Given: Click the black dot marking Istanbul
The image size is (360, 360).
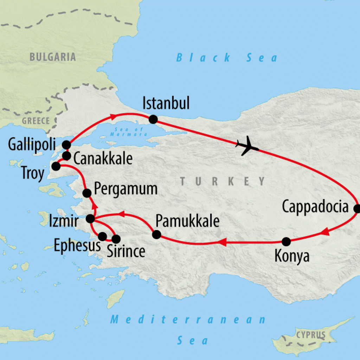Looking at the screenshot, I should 153,119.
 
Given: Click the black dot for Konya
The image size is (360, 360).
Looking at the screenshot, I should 287,242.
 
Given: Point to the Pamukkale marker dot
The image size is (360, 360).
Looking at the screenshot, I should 156,234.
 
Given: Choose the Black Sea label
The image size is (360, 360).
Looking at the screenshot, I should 227,57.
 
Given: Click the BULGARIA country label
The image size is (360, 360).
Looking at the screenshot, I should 53,57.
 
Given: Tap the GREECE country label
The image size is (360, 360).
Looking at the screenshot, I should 36,121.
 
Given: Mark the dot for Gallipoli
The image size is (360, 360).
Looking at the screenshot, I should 66,144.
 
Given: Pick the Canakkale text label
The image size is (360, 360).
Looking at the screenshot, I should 103,159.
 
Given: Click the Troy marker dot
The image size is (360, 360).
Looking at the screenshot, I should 56,166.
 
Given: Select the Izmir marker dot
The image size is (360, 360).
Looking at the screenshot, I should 90,219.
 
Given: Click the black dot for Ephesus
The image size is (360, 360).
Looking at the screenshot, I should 102,236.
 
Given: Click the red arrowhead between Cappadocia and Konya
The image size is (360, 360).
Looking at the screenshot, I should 325,232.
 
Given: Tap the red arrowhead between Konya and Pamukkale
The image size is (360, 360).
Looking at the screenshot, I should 222,242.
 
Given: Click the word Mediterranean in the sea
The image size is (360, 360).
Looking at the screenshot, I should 188,320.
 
